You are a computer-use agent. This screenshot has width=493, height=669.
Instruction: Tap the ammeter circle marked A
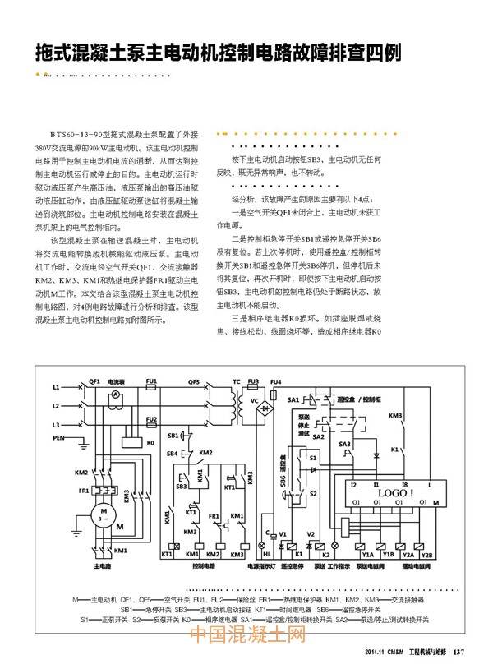[x=116, y=395]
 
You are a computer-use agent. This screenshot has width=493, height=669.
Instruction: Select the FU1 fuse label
[x=151, y=381]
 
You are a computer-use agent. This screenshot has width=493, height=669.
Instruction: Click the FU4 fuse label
[x=276, y=381]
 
